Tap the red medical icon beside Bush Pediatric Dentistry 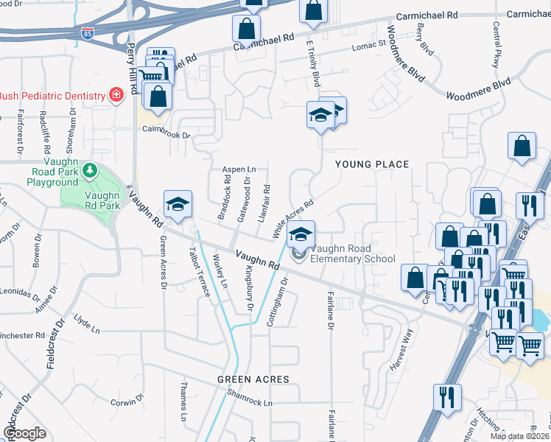coord(115,94)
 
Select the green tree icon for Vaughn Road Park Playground coord(89,171)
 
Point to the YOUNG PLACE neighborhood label coord(372,164)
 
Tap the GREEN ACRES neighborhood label coord(253,379)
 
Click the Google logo coord(24,432)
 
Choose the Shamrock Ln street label coord(249,403)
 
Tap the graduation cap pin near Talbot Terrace coord(177,206)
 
